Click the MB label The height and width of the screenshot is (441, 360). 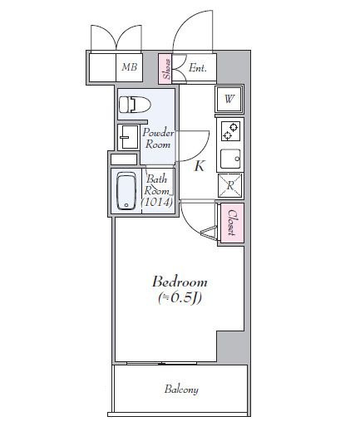pos(129,68)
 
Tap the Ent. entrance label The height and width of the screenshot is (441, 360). pos(198,68)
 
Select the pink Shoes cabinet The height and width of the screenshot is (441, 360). pos(166,69)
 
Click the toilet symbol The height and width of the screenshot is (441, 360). pos(131,105)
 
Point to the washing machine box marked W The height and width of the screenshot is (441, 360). pos(229,100)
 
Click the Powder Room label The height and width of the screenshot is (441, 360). pos(158,139)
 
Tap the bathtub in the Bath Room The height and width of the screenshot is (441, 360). pos(126,192)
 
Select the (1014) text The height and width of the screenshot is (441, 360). pos(158,202)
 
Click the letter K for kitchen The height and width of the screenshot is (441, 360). pos(200,166)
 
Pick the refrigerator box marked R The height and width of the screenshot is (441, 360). pos(229,185)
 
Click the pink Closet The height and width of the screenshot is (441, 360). pos(231,222)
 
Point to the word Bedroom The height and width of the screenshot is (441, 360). pos(179,282)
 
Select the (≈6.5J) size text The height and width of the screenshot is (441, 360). pos(179,297)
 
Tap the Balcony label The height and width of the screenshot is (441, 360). pos(180,389)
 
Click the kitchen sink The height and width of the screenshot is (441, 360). pos(230,157)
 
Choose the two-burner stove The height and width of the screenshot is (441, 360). pos(230,131)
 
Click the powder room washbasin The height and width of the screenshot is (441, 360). pos(129,136)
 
